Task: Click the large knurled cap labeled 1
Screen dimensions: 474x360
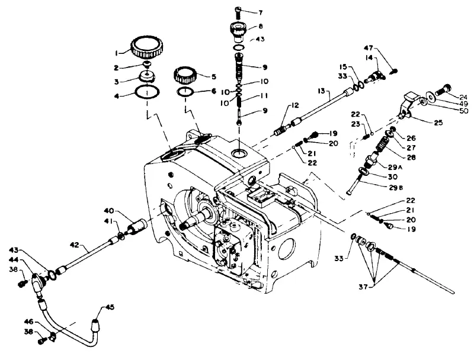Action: click(148, 48)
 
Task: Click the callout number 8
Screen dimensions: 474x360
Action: click(261, 27)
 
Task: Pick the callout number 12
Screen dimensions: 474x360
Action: click(294, 105)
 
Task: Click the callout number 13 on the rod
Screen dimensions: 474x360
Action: click(321, 91)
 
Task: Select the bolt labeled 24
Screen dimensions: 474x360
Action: click(443, 89)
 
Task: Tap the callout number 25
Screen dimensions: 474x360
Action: click(438, 123)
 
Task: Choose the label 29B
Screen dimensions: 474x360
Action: click(396, 188)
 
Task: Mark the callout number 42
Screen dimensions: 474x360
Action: click(75, 245)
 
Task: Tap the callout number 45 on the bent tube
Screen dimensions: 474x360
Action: click(110, 307)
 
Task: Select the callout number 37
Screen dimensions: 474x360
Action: click(363, 287)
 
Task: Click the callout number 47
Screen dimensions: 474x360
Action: click(368, 48)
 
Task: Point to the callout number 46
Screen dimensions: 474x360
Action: click(29, 322)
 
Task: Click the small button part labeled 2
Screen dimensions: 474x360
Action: click(147, 64)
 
